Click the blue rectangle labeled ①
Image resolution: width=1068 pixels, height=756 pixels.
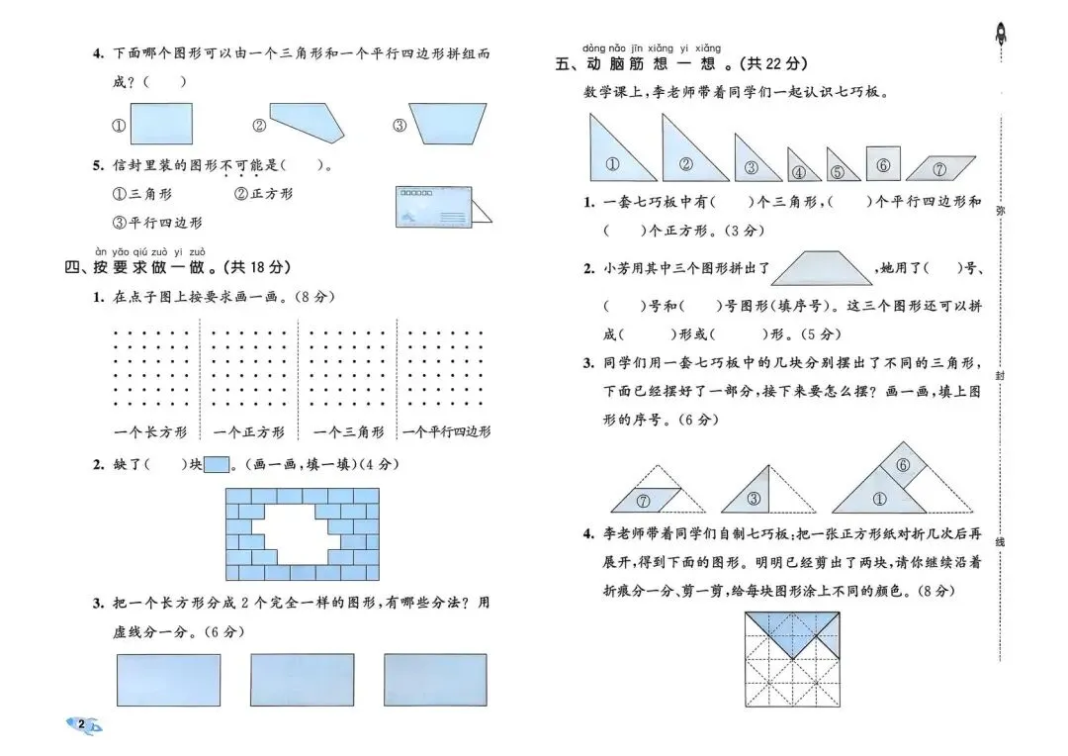tap(160, 124)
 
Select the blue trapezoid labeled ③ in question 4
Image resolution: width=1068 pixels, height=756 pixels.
tap(439, 124)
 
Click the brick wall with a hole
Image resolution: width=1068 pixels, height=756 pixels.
tap(302, 533)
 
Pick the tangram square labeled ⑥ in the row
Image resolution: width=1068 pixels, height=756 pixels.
tap(883, 163)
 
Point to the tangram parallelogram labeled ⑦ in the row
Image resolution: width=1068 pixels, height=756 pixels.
tap(940, 168)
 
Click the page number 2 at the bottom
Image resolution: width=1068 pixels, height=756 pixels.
tap(81, 725)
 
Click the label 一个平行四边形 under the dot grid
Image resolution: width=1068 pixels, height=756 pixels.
tap(446, 431)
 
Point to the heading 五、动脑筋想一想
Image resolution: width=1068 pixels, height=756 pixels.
tap(682, 64)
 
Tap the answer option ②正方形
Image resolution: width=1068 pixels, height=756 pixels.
tap(263, 194)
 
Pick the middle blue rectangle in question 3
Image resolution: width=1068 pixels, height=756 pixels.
tap(302, 680)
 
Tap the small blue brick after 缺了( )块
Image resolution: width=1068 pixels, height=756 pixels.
tap(217, 464)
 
